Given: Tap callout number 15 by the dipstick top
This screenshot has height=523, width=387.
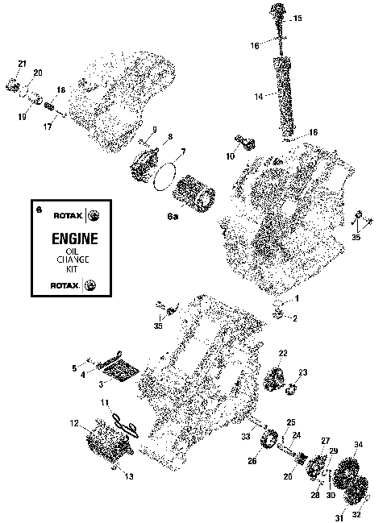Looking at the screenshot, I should (x=298, y=18).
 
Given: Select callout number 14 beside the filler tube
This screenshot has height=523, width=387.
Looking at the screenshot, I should (x=259, y=96).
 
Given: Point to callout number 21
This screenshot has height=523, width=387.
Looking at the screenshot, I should (x=23, y=64).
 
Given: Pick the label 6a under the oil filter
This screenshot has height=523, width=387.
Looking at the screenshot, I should (x=173, y=217).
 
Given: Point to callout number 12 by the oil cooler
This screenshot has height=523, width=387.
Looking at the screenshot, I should (x=74, y=423).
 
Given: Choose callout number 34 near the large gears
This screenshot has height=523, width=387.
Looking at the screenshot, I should (x=359, y=444).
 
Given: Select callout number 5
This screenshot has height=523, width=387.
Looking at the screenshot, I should (x=74, y=368).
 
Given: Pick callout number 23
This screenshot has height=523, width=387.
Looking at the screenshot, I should (x=303, y=371).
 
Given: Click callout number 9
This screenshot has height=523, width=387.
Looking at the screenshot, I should (x=153, y=130).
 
